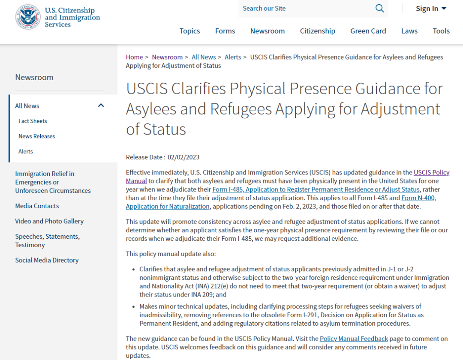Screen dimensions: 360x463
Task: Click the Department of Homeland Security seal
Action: pos(28,17)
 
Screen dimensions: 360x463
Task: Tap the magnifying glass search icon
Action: pos(379,9)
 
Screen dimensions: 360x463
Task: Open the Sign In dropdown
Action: pos(431,9)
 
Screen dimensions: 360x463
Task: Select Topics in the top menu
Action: pos(189,31)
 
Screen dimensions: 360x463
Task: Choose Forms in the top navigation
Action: pos(225,31)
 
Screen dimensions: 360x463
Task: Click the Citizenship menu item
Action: pos(317,31)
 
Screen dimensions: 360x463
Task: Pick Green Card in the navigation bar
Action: pos(368,31)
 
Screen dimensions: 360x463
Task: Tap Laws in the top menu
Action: pos(409,31)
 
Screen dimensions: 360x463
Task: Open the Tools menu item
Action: pos(441,31)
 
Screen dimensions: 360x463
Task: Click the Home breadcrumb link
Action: pos(134,57)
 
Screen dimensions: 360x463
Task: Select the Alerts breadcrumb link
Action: pos(233,57)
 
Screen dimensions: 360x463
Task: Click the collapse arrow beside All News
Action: pos(101,105)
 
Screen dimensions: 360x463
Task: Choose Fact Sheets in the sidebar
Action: pos(33,121)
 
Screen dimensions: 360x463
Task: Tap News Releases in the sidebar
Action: pos(36,136)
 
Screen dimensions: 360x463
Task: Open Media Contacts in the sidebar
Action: pos(37,206)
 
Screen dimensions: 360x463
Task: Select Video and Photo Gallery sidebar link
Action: pos(49,221)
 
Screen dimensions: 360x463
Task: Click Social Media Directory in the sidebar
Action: pos(47,260)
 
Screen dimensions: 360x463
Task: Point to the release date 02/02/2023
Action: pos(183,157)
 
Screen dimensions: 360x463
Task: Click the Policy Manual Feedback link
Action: pos(354,339)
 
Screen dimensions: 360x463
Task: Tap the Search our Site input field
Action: pos(304,9)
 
